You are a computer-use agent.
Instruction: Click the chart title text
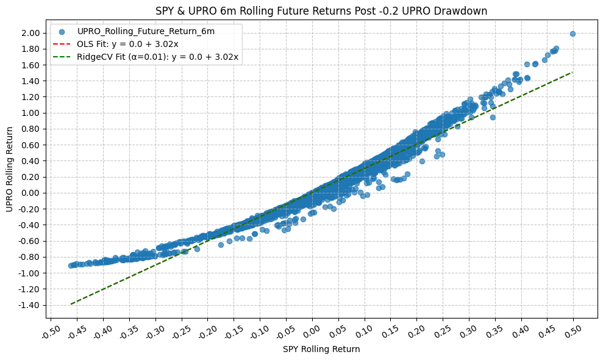click(x=321, y=10)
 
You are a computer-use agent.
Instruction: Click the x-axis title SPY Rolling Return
click(x=321, y=350)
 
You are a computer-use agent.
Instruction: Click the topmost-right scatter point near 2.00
click(x=573, y=34)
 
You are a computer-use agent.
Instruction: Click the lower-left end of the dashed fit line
click(x=71, y=304)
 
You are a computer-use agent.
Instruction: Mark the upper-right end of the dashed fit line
click(x=573, y=72)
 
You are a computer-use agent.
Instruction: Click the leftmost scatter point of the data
click(x=71, y=265)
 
